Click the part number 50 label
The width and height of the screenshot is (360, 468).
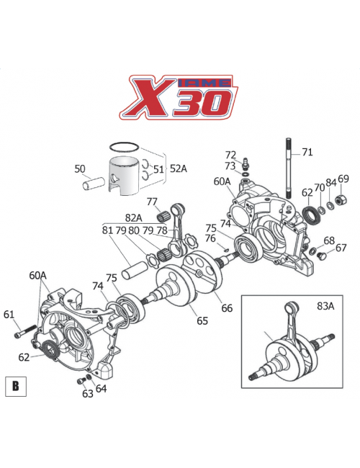click(x=80, y=169)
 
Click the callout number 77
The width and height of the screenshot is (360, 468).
click(x=153, y=201)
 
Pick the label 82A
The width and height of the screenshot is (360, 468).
click(x=134, y=217)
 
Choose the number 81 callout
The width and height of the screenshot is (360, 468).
click(x=108, y=230)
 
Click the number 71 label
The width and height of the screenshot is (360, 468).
click(x=307, y=152)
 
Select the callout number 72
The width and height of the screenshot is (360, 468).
click(x=231, y=154)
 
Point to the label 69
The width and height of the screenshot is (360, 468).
click(x=343, y=179)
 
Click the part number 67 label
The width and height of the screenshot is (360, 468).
click(x=341, y=248)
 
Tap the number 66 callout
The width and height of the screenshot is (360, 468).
click(x=227, y=309)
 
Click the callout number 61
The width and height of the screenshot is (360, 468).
click(x=9, y=314)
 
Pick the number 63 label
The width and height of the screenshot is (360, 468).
click(x=88, y=393)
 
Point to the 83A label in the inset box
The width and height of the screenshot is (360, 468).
click(x=326, y=305)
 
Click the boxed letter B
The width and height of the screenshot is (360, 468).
click(x=14, y=387)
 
